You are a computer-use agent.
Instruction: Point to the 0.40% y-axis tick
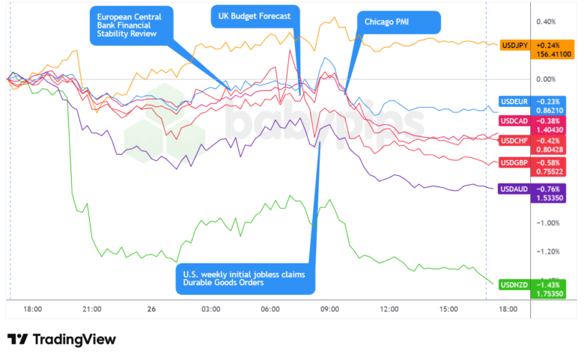point(545,22)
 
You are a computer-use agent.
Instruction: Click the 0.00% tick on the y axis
point(545,79)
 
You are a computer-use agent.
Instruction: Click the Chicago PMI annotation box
point(386,22)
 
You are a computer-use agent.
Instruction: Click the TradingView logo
point(61,340)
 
